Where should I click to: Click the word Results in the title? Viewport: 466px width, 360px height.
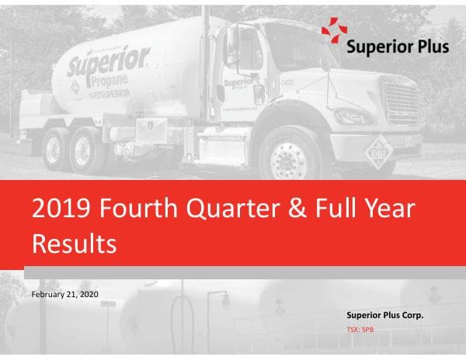point(75,243)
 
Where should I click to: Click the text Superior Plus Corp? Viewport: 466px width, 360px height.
point(384,315)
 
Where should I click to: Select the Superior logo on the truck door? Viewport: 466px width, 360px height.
point(237,83)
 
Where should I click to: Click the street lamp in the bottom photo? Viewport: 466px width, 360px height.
point(224,299)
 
